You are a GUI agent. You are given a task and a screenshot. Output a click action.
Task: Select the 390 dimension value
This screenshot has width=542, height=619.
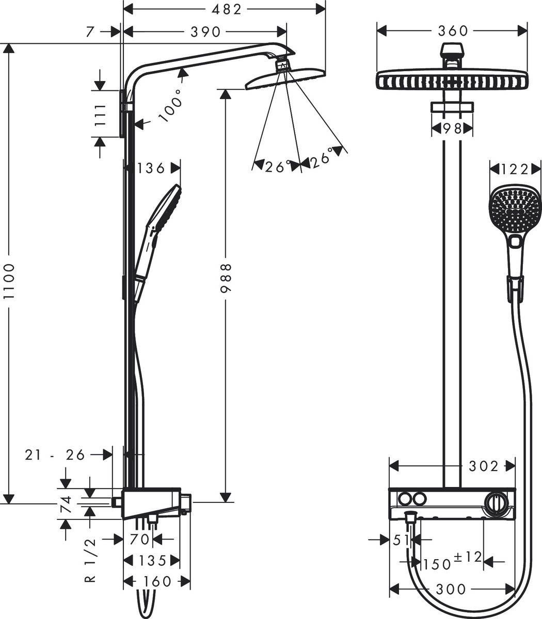click(205, 32)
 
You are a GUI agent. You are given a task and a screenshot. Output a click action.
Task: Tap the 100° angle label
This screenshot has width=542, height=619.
click(171, 105)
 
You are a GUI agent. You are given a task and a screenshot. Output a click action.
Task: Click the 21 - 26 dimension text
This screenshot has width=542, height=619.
click(55, 454)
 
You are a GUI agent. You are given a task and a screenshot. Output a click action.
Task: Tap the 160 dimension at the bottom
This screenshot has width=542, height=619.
click(157, 581)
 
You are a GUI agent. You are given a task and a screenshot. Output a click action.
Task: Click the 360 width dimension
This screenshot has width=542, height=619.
click(453, 31)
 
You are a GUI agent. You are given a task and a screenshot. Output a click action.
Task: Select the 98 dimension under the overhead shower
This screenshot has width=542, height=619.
click(452, 129)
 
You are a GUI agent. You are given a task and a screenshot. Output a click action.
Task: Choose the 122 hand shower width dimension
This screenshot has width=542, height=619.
click(515, 169)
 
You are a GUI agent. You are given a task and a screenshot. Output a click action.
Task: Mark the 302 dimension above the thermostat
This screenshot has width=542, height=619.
click(484, 466)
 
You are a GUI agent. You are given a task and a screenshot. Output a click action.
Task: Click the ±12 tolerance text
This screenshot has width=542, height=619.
click(467, 557)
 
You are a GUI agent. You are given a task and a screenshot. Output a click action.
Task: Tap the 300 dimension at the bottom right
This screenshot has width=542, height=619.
click(451, 589)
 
